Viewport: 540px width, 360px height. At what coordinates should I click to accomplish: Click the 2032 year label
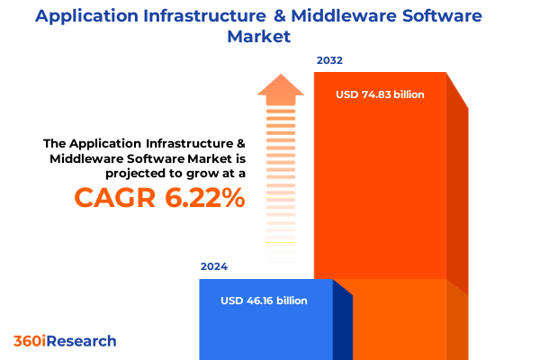pos(329,61)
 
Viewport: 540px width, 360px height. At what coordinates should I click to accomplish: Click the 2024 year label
pos(214,267)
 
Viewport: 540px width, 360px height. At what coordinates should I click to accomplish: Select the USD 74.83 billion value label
pos(380,94)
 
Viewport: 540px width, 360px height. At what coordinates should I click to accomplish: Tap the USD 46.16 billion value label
pos(265,301)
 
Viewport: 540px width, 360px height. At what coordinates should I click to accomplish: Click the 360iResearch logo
pos(65,341)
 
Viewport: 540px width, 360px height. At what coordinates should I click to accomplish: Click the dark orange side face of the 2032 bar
pos(457,198)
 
